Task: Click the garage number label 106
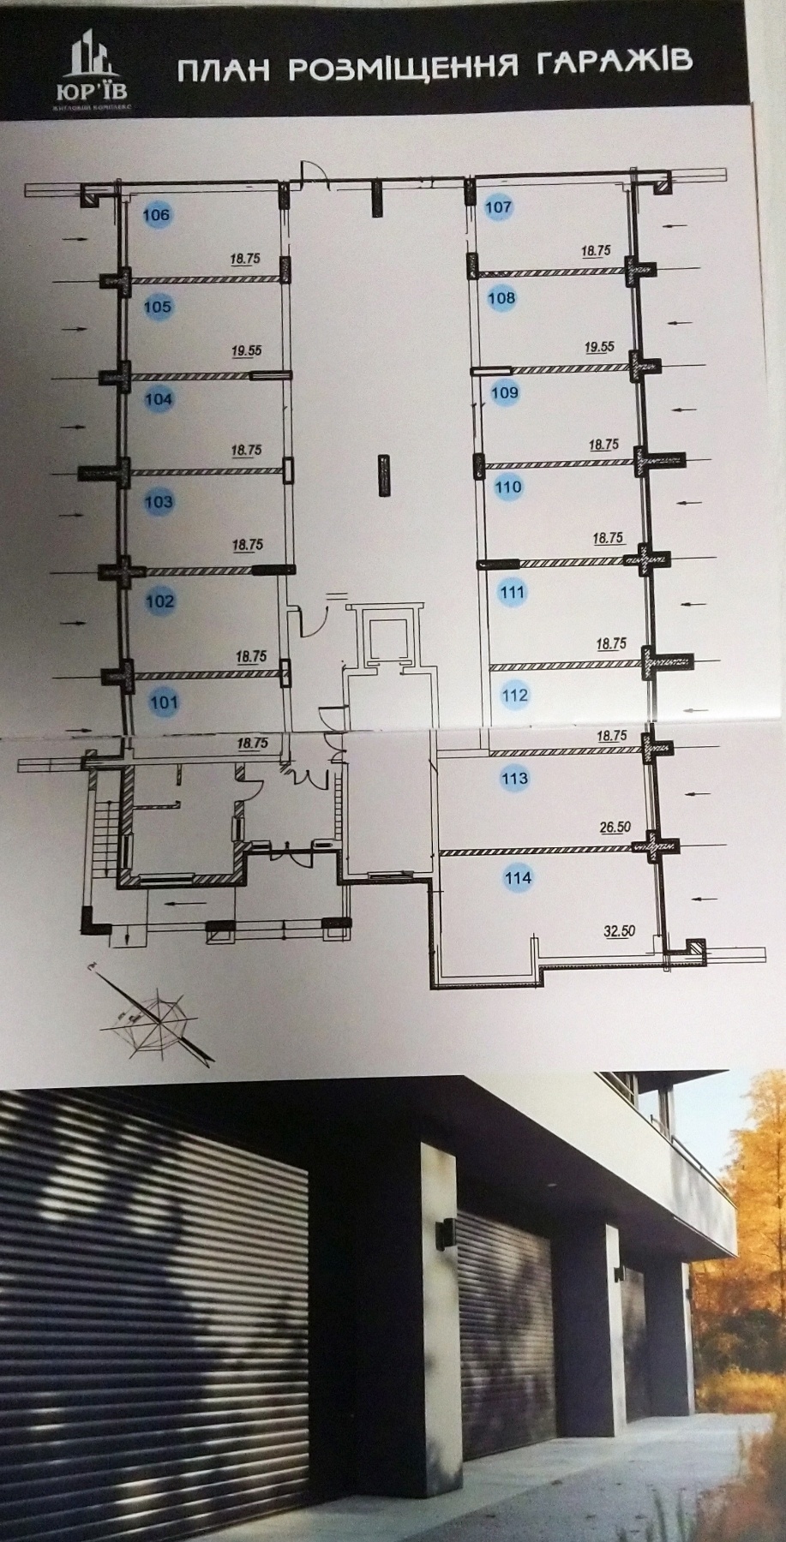coord(157,214)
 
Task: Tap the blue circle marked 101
coord(164,703)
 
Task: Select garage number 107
coord(498,206)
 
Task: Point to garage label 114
coord(518,877)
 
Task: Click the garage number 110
coord(508,487)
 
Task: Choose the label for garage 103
coord(159,501)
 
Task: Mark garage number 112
coord(514,695)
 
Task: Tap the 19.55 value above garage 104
coord(245,350)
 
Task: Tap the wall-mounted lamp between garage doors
coord(446,1233)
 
